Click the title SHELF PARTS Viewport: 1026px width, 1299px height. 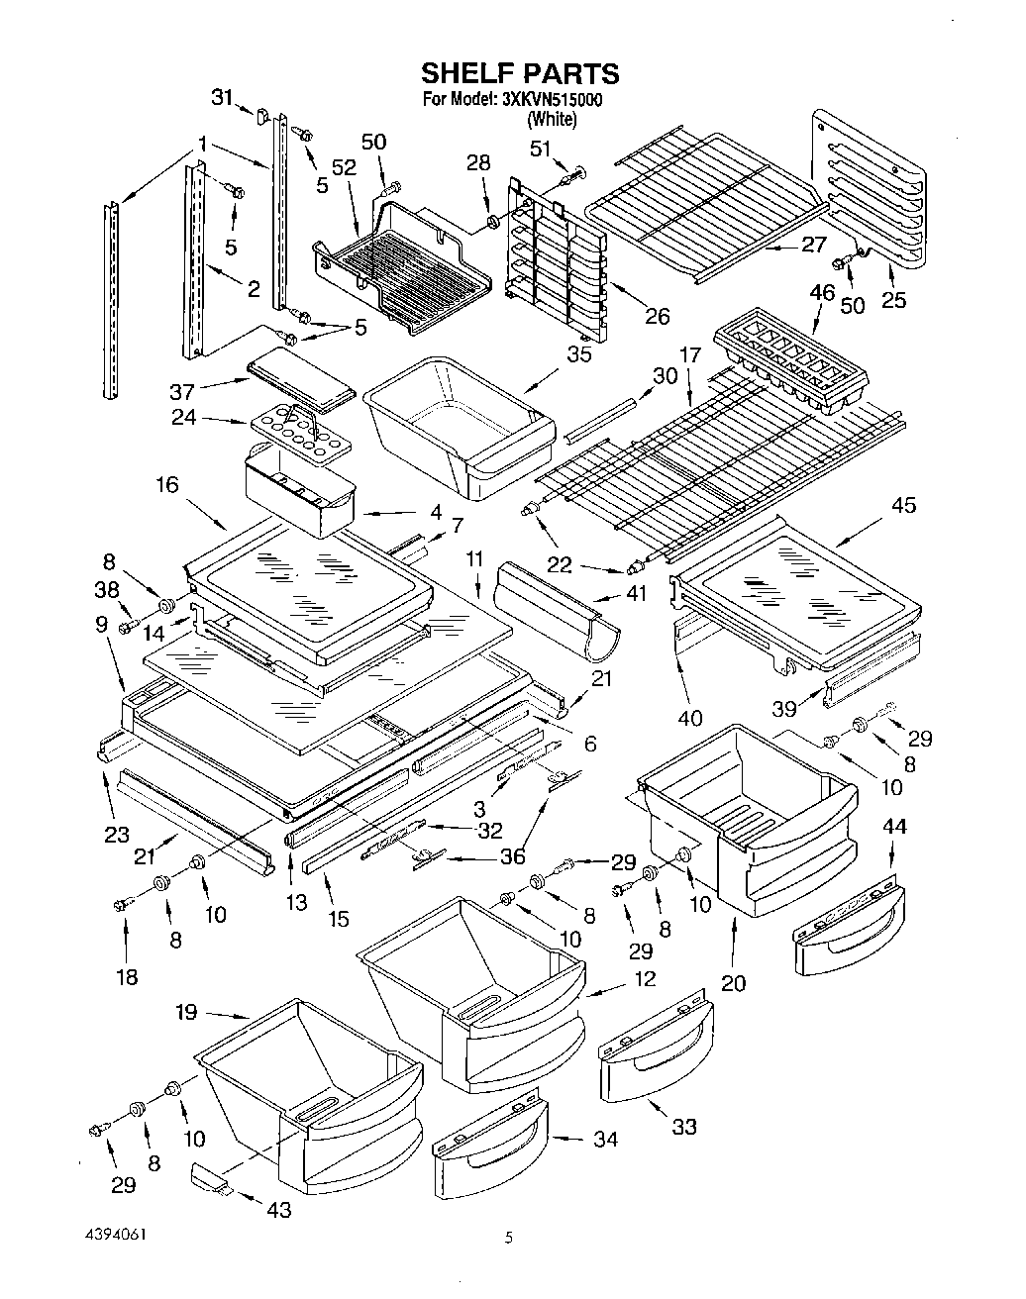[520, 73]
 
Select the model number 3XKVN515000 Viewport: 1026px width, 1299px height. [552, 99]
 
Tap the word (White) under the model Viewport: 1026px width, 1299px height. [552, 119]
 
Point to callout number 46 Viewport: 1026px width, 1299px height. [822, 292]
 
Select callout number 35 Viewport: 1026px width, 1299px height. [578, 354]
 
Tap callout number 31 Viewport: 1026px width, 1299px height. [222, 97]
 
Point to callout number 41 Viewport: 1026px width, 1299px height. [636, 593]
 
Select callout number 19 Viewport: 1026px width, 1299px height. [186, 1011]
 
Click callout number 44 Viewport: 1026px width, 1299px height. [894, 826]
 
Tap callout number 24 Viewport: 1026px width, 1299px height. [183, 417]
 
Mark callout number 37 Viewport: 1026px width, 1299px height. [182, 392]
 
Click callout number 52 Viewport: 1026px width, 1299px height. [345, 167]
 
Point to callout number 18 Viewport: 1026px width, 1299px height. [127, 976]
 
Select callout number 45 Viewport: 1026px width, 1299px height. [903, 505]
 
